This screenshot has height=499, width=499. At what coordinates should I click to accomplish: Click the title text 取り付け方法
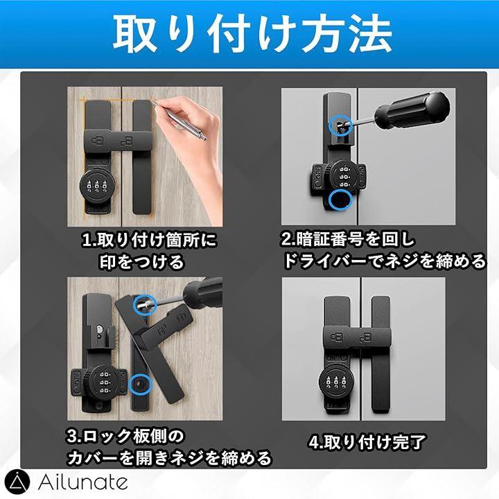tap(252, 34)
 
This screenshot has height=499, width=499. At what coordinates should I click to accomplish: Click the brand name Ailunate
tap(82, 482)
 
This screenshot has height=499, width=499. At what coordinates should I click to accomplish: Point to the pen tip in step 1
tap(152, 101)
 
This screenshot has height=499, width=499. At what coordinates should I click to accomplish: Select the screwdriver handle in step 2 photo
tap(413, 110)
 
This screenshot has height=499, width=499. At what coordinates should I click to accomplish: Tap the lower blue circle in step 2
tap(340, 200)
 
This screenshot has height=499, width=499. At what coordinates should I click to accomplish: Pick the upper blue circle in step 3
tap(145, 304)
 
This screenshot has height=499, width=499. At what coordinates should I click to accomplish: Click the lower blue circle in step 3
tap(140, 384)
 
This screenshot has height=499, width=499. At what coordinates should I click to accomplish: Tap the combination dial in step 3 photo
tap(101, 382)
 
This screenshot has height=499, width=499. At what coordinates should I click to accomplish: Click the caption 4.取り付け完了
tap(367, 442)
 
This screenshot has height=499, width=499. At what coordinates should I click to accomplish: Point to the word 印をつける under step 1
tap(142, 261)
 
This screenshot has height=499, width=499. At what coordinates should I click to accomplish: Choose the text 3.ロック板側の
tap(125, 436)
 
